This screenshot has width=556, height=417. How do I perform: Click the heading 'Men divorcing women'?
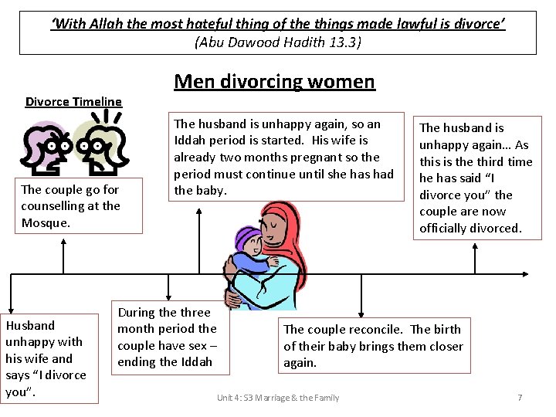click(x=274, y=81)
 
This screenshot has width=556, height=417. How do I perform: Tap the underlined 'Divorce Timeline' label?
click(x=73, y=101)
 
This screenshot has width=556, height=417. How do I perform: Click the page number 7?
click(x=520, y=397)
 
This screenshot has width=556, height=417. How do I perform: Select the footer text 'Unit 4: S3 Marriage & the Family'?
click(x=278, y=397)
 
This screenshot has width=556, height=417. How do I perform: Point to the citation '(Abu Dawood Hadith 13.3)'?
click(x=278, y=42)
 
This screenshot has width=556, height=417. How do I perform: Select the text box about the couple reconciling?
click(x=374, y=346)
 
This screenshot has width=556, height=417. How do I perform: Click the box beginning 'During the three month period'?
click(x=168, y=337)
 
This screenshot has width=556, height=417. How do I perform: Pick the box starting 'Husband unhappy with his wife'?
click(x=49, y=358)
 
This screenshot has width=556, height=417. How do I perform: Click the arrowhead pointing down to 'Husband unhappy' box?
click(x=11, y=308)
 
